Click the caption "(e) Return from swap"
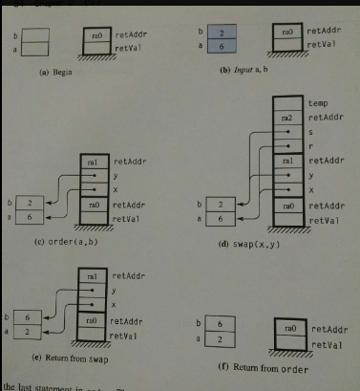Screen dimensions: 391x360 66,356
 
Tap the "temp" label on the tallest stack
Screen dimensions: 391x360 318,101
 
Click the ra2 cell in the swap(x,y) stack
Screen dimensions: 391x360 286,118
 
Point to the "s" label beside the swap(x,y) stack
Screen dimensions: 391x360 311,133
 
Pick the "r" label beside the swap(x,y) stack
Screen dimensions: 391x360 311,148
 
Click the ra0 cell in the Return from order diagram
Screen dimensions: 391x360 286,327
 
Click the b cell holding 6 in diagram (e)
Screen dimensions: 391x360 30,315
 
